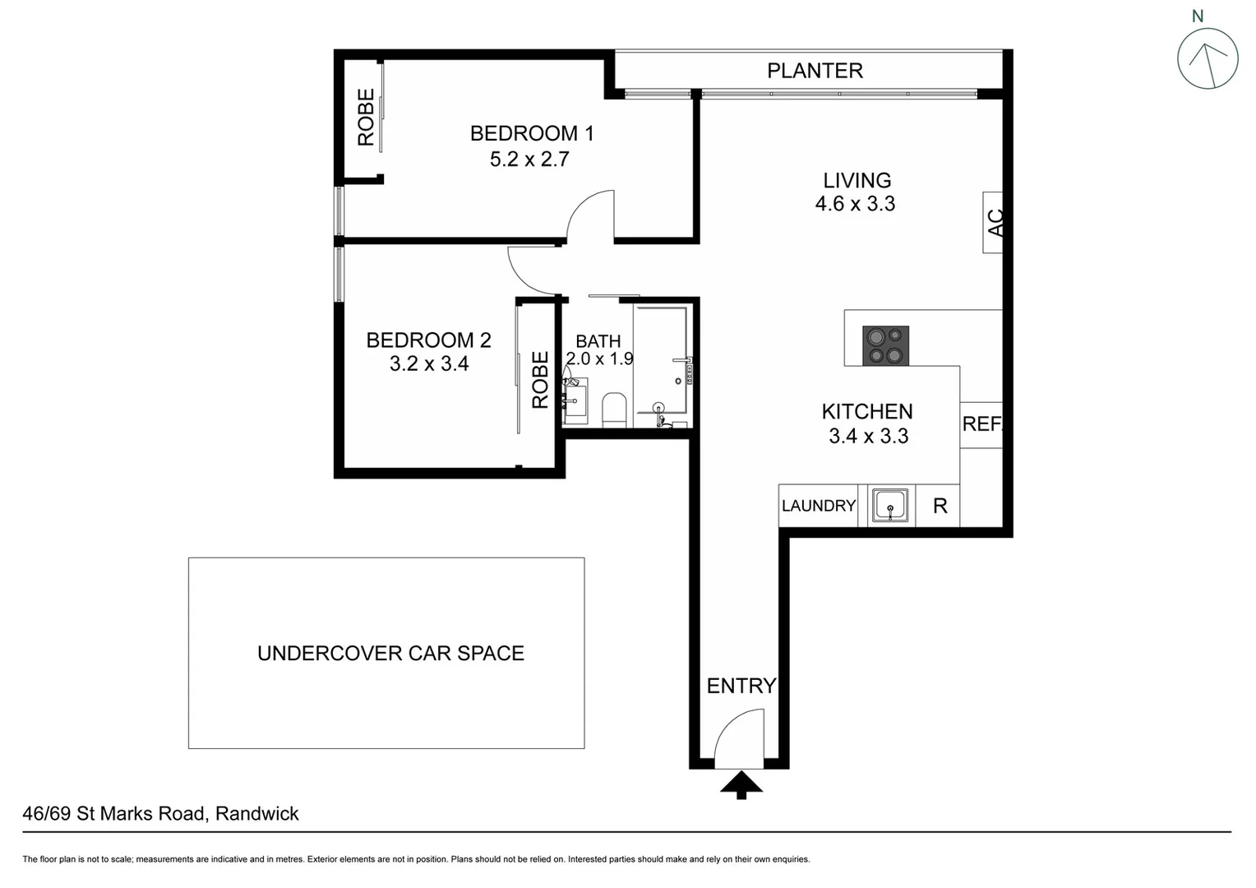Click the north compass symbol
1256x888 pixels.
tap(1207, 58)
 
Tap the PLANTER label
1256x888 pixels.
tap(815, 71)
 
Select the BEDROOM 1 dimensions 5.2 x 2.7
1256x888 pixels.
tap(529, 160)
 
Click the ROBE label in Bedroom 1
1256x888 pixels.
tap(366, 117)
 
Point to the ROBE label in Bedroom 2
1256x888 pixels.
tap(540, 380)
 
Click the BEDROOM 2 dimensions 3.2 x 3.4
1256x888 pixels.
tap(428, 363)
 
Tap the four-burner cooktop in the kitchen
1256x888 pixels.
tap(885, 345)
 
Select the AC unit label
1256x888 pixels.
tap(995, 222)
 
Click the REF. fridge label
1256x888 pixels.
tap(981, 424)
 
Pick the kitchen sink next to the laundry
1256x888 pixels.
tap(889, 505)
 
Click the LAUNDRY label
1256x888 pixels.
tap(818, 506)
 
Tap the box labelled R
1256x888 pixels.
tap(940, 506)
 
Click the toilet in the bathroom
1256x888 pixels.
tap(614, 409)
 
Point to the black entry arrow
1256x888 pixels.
tap(741, 784)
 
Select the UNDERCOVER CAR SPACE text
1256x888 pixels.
tap(390, 654)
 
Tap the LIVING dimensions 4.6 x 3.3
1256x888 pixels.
tap(855, 204)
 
